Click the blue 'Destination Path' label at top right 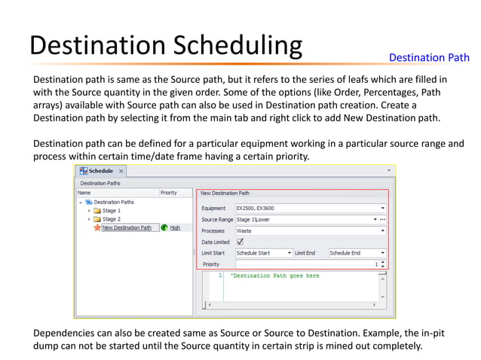coord(428,57)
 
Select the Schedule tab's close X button coord(121,171)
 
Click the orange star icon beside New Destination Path coord(97,227)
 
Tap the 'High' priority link coord(175,227)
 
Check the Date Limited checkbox coord(240,242)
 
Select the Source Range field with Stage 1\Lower coord(302,219)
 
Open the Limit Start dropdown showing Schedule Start coord(263,253)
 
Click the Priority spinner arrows coord(383,264)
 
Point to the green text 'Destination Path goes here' coord(275,276)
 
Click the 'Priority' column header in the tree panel coord(169,193)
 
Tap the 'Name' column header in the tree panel coord(84,193)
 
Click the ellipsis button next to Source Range coord(383,219)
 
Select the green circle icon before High coord(164,227)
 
